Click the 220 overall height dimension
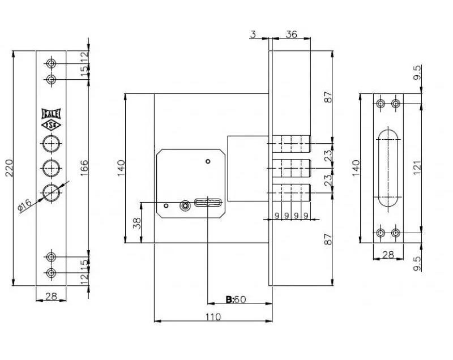[x=9, y=168]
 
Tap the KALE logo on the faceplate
[x=51, y=113]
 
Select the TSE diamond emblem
[x=51, y=125]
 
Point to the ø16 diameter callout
[x=24, y=205]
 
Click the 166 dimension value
[x=84, y=168]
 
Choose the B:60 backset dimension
[x=236, y=299]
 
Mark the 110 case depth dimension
[x=213, y=317]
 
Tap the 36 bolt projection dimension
[x=291, y=34]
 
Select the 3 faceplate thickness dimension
[x=253, y=34]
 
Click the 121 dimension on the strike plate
[x=417, y=168]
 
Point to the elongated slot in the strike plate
[x=388, y=168]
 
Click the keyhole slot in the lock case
[x=208, y=203]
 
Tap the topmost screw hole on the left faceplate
[x=51, y=63]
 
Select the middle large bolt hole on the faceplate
[x=51, y=168]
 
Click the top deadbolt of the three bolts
[x=292, y=144]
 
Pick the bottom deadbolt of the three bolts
[x=292, y=192]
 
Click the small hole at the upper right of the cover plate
[x=208, y=161]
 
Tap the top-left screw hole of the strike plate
[x=381, y=104]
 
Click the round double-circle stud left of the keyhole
[x=185, y=206]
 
